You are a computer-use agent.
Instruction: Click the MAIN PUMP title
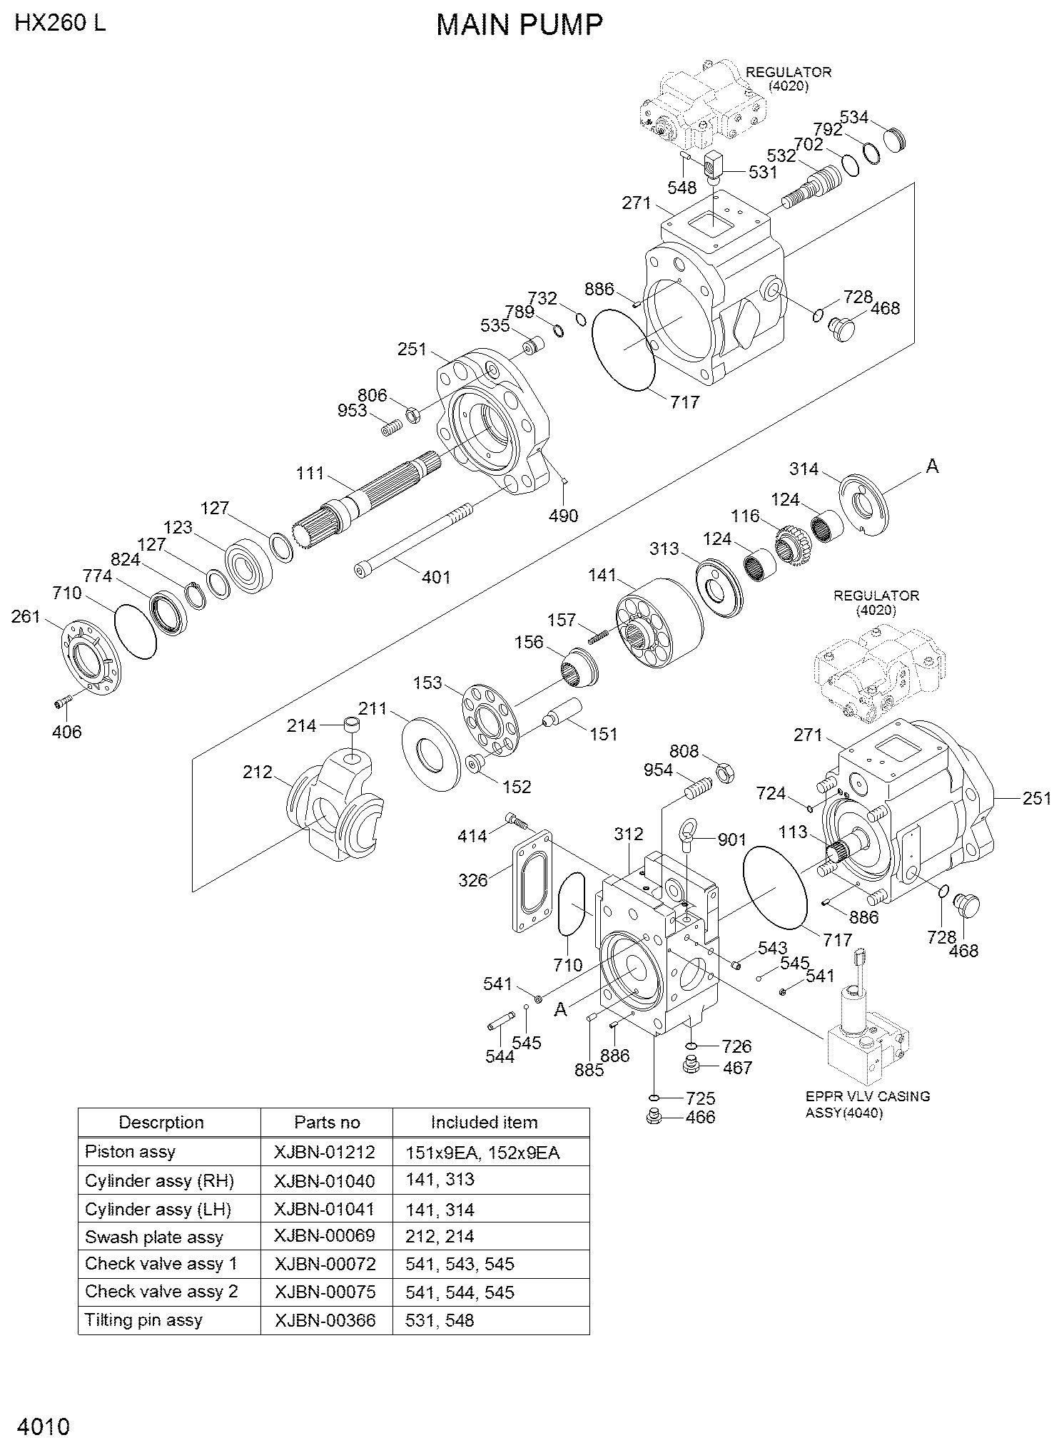click(x=520, y=25)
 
